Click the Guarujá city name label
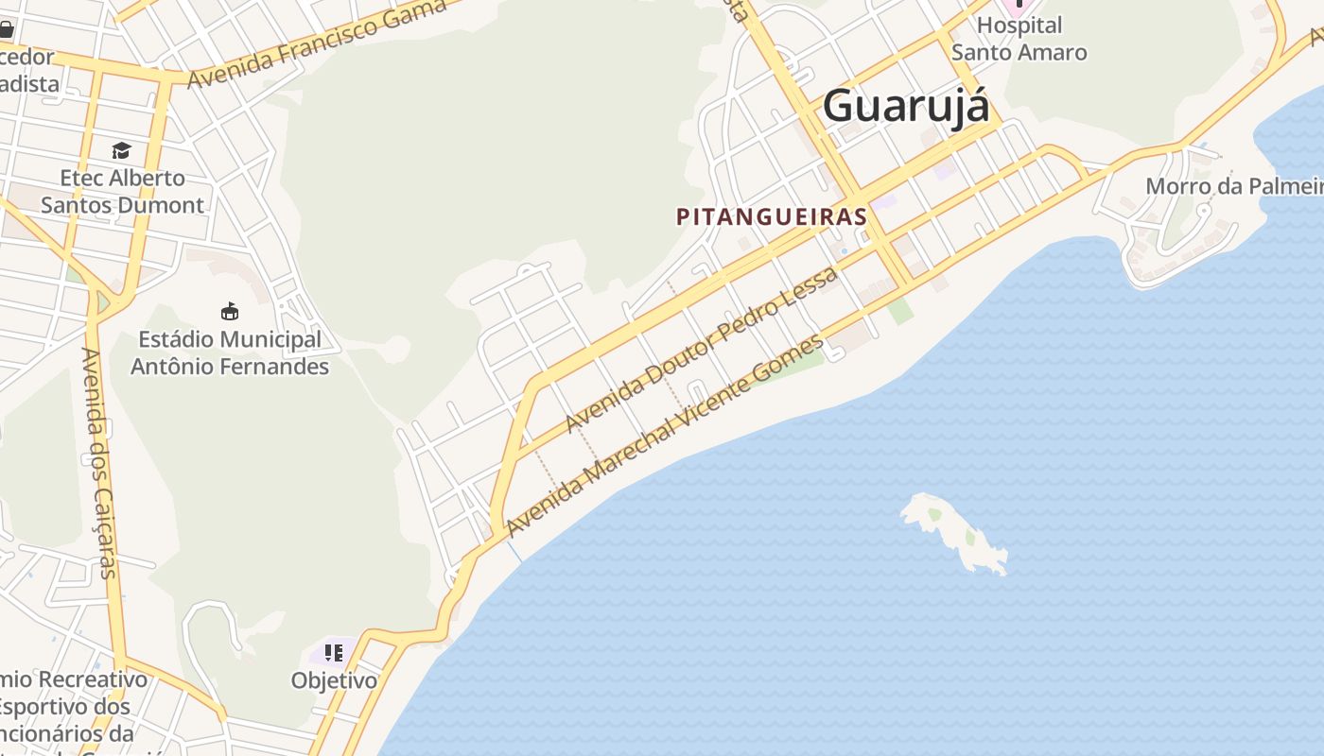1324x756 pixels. (906, 105)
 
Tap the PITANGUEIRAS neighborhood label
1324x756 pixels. (772, 216)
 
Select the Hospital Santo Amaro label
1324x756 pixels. (1019, 39)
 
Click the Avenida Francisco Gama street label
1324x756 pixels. (317, 43)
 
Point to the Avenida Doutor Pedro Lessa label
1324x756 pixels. (701, 350)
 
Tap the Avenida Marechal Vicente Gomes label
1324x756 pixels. (665, 435)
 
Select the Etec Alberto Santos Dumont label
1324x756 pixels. (122, 191)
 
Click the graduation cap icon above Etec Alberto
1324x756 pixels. (121, 150)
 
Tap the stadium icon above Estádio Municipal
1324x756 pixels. (229, 311)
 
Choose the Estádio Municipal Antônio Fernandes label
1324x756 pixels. (230, 352)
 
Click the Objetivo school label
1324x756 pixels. (334, 680)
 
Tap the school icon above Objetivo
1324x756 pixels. (333, 652)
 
